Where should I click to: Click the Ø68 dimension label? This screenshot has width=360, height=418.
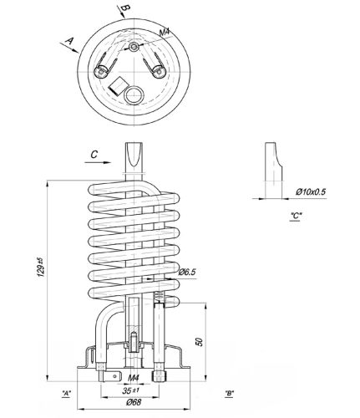coord(134,402)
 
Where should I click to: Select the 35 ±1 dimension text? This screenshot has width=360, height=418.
coord(130,390)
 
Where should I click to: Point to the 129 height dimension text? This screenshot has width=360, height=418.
coord(41,268)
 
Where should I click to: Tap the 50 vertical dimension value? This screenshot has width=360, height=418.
coord(200,342)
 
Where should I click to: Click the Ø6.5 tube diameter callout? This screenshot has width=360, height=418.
coord(187,272)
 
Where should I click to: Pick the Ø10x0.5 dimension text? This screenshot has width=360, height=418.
coord(311,191)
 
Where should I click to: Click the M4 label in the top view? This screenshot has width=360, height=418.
coord(165,33)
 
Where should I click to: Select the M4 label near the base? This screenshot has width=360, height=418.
coord(134,378)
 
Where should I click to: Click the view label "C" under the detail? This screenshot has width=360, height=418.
coord(296,216)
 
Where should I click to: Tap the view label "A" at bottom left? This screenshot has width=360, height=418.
coord(66,393)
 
